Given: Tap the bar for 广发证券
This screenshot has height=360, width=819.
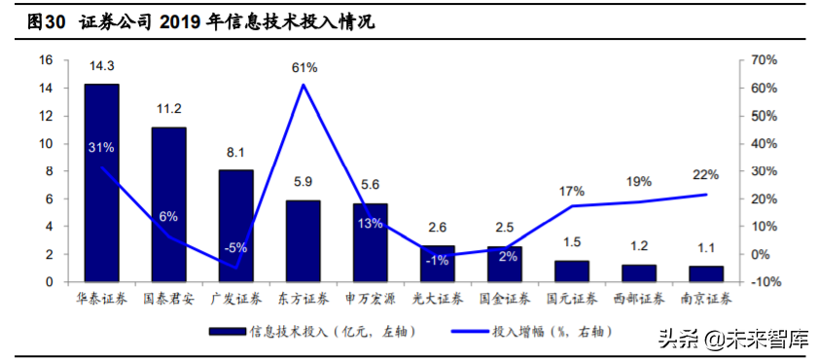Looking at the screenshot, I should coord(235,226).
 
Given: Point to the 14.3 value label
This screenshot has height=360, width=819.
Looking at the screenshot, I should coord(101,66).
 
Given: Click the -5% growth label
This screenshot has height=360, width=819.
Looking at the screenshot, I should coord(235,248).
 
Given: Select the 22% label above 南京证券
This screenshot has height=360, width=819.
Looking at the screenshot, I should coord(706,175).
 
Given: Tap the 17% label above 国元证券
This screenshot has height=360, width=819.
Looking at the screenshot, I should coord(572,190).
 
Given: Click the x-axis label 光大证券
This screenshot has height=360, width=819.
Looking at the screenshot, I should coord(438,299).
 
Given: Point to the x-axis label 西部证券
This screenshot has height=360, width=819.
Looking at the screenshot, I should coord(639,299).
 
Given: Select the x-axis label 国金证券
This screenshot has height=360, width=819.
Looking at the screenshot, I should coord(505,299).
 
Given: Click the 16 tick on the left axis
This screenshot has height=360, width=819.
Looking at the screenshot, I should coord(45,60).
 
